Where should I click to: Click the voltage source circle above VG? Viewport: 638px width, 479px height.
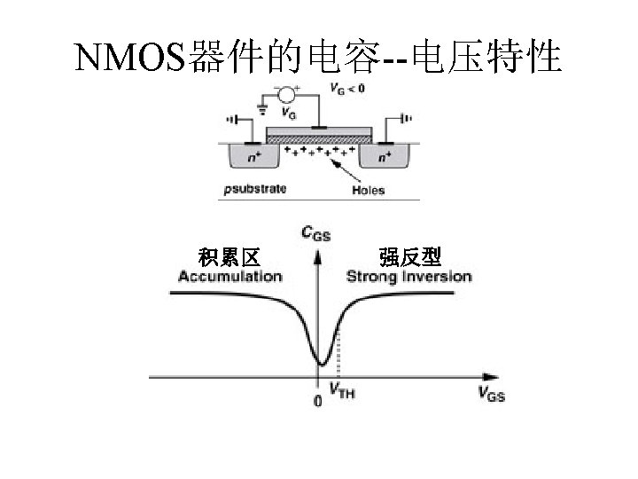(286, 95)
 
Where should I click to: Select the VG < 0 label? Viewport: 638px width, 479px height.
(349, 88)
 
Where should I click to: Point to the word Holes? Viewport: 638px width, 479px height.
(368, 190)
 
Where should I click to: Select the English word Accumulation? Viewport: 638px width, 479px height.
(230, 276)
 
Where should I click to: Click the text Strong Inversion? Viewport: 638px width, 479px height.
(408, 276)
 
